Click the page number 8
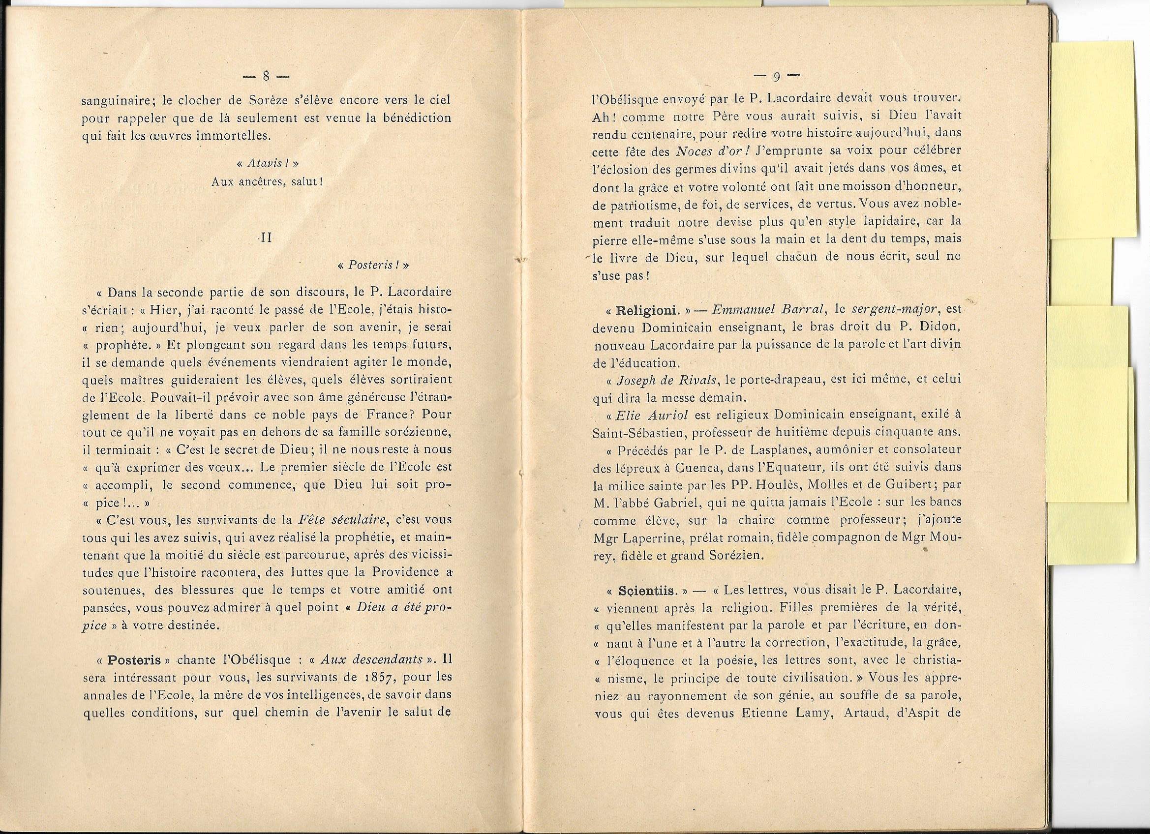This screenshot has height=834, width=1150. pyautogui.click(x=265, y=77)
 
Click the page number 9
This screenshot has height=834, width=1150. pyautogui.click(x=776, y=77)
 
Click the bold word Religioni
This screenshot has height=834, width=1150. pyautogui.click(x=642, y=310)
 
